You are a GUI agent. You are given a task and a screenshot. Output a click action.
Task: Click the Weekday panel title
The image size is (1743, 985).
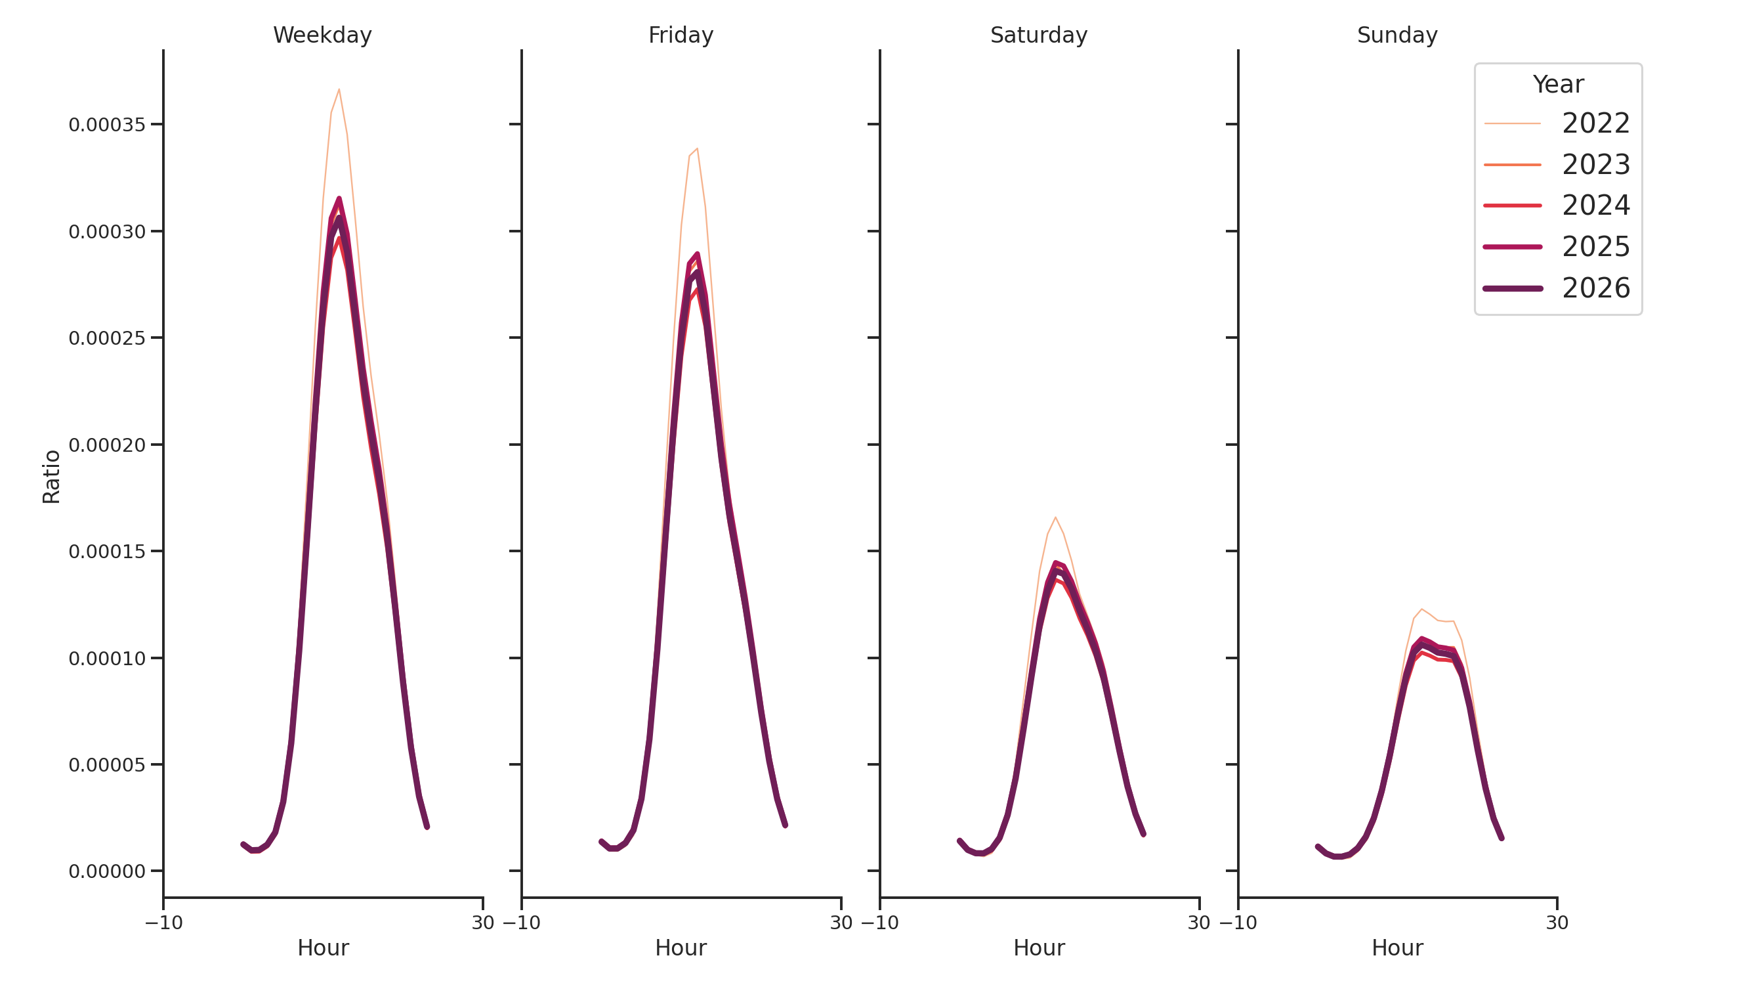coord(322,35)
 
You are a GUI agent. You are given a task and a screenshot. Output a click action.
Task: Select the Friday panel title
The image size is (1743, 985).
coord(681,35)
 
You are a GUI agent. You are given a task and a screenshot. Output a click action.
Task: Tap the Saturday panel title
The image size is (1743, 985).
coord(1039,35)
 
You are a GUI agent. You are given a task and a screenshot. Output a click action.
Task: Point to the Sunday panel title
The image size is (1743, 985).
coord(1397,35)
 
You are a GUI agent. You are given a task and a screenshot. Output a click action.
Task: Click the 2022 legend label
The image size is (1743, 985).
coord(1595,123)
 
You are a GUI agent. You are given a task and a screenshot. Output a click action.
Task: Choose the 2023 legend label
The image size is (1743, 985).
coord(1595,165)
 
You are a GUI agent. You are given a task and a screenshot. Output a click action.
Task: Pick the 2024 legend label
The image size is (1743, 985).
coord(1595,205)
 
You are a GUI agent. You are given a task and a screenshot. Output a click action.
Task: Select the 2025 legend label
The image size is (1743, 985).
coord(1595,246)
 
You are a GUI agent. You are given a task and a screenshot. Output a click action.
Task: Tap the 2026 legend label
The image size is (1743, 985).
coord(1595,288)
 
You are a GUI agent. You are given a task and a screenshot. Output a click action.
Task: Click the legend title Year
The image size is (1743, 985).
coord(1557,85)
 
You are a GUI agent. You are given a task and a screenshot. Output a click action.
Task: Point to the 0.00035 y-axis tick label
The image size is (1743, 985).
coord(107,125)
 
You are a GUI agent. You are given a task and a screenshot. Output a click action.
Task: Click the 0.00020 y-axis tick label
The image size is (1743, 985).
coord(107,445)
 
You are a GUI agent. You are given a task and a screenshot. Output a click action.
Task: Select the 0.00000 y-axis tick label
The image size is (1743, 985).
coord(107,871)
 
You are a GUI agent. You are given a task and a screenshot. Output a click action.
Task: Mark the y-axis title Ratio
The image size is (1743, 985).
coord(51,477)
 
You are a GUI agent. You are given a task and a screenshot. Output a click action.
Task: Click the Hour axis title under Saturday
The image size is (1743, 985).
coord(1039,948)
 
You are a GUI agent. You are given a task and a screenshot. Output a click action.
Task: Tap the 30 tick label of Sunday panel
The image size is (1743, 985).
coord(1557,923)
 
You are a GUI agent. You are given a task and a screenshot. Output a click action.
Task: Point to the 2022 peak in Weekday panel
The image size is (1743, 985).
coord(339,89)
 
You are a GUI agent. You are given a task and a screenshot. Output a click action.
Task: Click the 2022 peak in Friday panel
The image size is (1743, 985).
coord(697,148)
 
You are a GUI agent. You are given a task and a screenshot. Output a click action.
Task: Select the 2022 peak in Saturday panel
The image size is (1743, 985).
coord(1055,517)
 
